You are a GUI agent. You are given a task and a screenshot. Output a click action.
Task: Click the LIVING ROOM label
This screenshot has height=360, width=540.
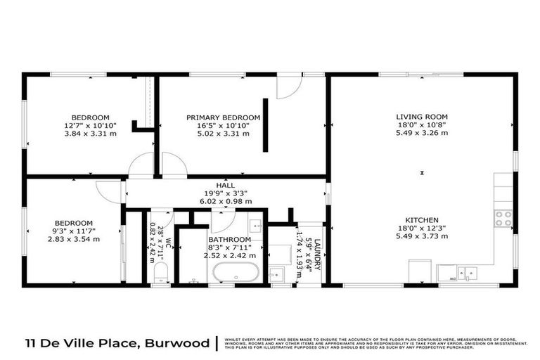click(421, 117)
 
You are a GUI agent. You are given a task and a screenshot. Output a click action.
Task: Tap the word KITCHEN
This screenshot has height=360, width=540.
click(421, 219)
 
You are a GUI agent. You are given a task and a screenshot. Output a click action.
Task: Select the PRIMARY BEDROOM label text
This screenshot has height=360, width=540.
click(223, 117)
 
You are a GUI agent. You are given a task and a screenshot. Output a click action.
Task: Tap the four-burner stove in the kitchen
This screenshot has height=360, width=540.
click(503, 219)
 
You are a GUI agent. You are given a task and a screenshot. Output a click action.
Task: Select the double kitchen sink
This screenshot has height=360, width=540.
click(464, 273)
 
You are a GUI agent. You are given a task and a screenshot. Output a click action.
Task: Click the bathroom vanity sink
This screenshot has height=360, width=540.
click(255, 228)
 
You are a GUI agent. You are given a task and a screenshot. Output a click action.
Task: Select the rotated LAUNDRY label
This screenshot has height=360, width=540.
click(317, 252)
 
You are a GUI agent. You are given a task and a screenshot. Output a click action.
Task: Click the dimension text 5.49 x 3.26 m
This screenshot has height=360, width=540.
click(421, 133)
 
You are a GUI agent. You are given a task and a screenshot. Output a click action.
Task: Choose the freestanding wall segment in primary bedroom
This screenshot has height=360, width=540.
click(265, 124)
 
